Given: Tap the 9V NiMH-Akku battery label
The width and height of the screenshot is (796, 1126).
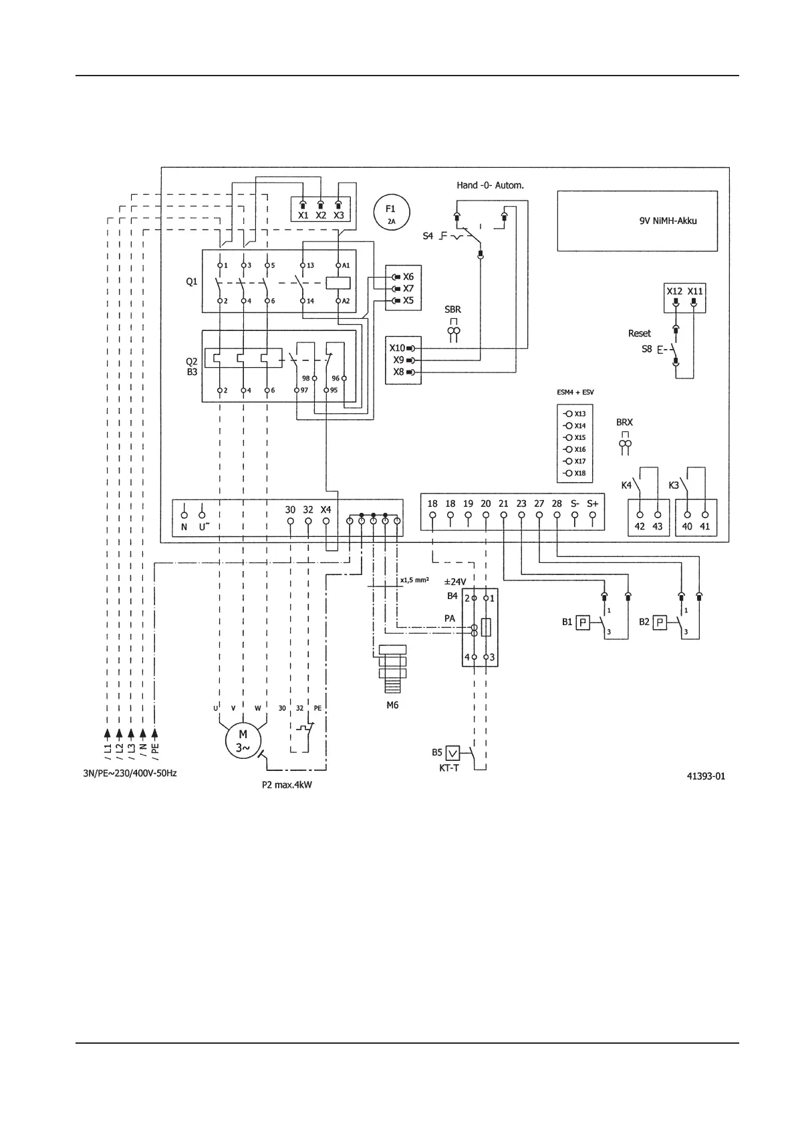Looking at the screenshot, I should click(x=668, y=221).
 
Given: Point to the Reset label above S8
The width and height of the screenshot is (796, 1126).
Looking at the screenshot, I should click(x=639, y=333).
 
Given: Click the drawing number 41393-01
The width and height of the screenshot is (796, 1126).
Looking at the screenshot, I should click(x=706, y=776).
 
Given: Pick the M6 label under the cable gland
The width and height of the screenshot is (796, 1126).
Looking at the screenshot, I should click(x=392, y=704).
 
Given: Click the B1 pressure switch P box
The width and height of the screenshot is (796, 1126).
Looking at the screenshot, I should click(x=583, y=622).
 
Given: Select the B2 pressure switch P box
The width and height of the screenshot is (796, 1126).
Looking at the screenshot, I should click(x=660, y=622).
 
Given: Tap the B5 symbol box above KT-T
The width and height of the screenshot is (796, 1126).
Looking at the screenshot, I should click(x=453, y=753).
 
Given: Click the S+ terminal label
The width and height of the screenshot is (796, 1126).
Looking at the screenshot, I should click(x=592, y=503).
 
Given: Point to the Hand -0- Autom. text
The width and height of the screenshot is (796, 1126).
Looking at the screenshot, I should click(x=490, y=185).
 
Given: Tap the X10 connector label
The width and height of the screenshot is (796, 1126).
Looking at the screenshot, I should click(x=397, y=348).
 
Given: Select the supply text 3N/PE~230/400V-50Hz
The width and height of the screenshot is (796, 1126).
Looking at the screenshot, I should click(x=125, y=773).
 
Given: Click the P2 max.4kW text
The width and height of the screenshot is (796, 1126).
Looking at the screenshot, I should click(x=287, y=785).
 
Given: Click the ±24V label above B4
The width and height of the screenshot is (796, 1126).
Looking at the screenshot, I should click(x=455, y=582).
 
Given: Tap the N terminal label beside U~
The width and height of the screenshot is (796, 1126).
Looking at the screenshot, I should click(x=184, y=527).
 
